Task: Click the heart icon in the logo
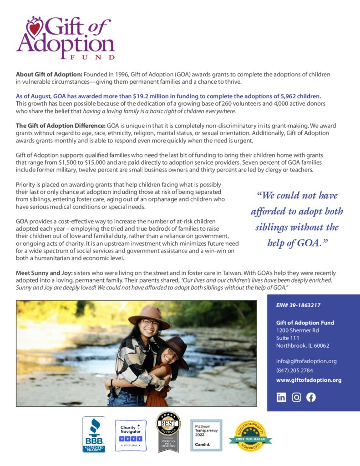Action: [x=34, y=29]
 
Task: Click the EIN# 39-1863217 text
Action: [x=294, y=305]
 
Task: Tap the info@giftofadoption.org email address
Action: [x=306, y=361]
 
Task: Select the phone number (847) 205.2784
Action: [x=294, y=370]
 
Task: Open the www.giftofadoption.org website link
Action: [x=309, y=380]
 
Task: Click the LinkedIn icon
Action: [x=282, y=397]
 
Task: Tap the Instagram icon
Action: [x=296, y=397]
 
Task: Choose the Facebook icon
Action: [x=311, y=397]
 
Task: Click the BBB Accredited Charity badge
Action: [x=94, y=435]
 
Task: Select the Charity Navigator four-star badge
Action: [x=131, y=435]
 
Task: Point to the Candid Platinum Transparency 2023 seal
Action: [x=206, y=435]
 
